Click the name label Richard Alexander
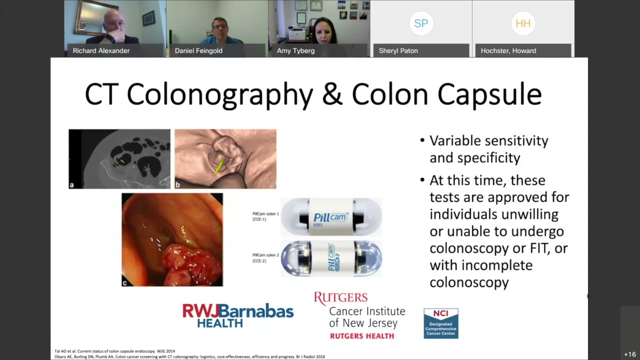(x=101, y=50)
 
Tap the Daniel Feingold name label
(x=198, y=50)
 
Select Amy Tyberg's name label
(x=295, y=50)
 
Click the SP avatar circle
(x=421, y=23)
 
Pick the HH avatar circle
(x=523, y=23)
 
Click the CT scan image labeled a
(x=119, y=158)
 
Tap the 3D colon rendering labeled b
(x=225, y=158)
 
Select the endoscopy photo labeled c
(x=172, y=239)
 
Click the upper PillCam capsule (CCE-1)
(x=331, y=216)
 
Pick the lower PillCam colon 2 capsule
(x=331, y=258)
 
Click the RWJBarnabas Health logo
(x=238, y=315)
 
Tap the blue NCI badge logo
(x=440, y=323)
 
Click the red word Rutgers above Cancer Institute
(x=340, y=298)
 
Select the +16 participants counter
(x=629, y=354)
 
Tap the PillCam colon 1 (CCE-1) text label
(x=265, y=216)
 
